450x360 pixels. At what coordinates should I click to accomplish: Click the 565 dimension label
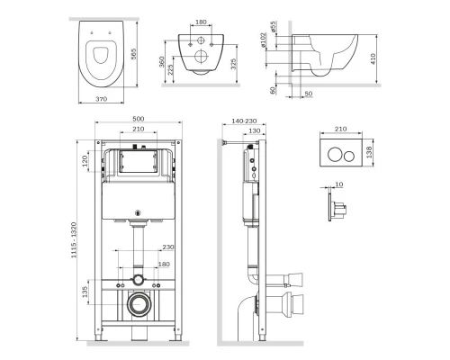pos(134,54)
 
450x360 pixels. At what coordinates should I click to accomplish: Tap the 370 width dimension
pos(101,99)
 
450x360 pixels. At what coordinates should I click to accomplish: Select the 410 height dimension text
pos(373,58)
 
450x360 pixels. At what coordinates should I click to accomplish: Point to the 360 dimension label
pos(162,62)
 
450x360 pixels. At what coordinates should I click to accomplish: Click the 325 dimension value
pos(234,64)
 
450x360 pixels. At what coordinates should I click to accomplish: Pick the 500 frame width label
pos(139,119)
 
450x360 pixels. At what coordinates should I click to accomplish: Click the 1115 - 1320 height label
pos(74,240)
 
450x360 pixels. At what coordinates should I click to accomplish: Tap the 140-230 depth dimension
pos(244,121)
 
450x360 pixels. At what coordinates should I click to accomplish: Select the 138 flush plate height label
pos(369,152)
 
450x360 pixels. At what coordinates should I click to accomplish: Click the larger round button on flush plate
pos(335,155)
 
